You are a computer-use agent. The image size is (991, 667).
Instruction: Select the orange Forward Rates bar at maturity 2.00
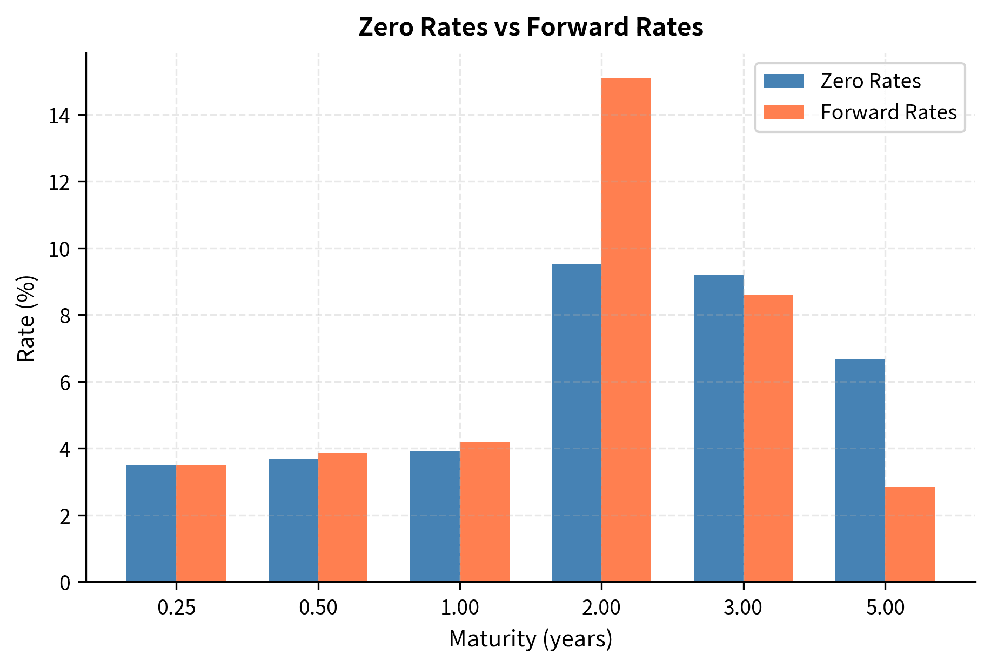point(626,330)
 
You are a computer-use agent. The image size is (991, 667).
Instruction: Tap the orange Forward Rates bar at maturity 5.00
point(909,535)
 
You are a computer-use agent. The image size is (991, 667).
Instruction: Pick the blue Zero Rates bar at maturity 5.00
point(860,471)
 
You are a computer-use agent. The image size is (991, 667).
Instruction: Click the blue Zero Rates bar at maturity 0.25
point(151,524)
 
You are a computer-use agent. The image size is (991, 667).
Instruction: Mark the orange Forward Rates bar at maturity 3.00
point(768,438)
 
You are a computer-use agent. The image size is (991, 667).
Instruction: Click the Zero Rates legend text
point(870,81)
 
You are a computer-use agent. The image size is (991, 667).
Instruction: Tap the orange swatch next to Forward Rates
point(784,112)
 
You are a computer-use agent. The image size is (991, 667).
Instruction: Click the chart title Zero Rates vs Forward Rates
point(531,27)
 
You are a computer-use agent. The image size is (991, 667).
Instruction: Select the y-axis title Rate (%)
point(26,319)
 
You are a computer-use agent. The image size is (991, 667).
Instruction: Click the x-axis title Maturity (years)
point(531,639)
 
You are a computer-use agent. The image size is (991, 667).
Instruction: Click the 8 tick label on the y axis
point(65,316)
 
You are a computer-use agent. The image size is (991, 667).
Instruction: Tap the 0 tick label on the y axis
point(65,583)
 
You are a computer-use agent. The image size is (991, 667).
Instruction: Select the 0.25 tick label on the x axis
point(176,608)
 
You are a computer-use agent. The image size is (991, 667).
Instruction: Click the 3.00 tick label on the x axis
point(743,608)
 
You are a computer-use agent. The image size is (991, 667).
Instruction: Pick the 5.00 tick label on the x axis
point(885,608)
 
